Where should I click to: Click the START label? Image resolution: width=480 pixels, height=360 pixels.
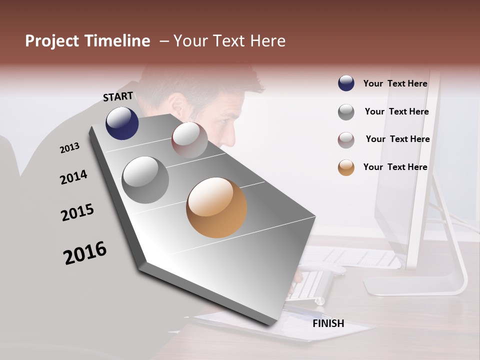(x=118, y=96)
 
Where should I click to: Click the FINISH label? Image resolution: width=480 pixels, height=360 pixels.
(x=328, y=323)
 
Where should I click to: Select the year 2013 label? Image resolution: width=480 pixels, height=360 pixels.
(x=69, y=148)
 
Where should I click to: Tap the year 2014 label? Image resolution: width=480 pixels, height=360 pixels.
(x=73, y=177)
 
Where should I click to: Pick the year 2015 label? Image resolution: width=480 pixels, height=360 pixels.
(x=77, y=212)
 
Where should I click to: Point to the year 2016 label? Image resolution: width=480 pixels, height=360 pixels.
(x=85, y=253)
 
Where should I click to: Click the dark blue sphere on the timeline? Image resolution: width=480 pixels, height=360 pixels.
(x=122, y=123)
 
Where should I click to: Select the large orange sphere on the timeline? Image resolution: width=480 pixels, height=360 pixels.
(x=216, y=207)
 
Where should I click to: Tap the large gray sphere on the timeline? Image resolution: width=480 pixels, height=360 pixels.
(x=145, y=180)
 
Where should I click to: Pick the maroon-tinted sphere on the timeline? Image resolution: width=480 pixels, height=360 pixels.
(x=189, y=140)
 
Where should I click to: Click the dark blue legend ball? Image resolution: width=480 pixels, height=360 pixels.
(x=346, y=83)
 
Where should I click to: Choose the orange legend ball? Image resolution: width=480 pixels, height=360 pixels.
(x=346, y=167)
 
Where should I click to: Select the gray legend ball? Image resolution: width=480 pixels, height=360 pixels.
(x=346, y=112)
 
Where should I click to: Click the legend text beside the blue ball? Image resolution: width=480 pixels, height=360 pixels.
(x=395, y=83)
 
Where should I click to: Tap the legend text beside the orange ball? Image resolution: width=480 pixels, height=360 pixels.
(x=395, y=167)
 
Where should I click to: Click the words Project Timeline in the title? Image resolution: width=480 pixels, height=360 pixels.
(x=87, y=41)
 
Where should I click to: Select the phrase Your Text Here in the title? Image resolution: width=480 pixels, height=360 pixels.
(x=229, y=41)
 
